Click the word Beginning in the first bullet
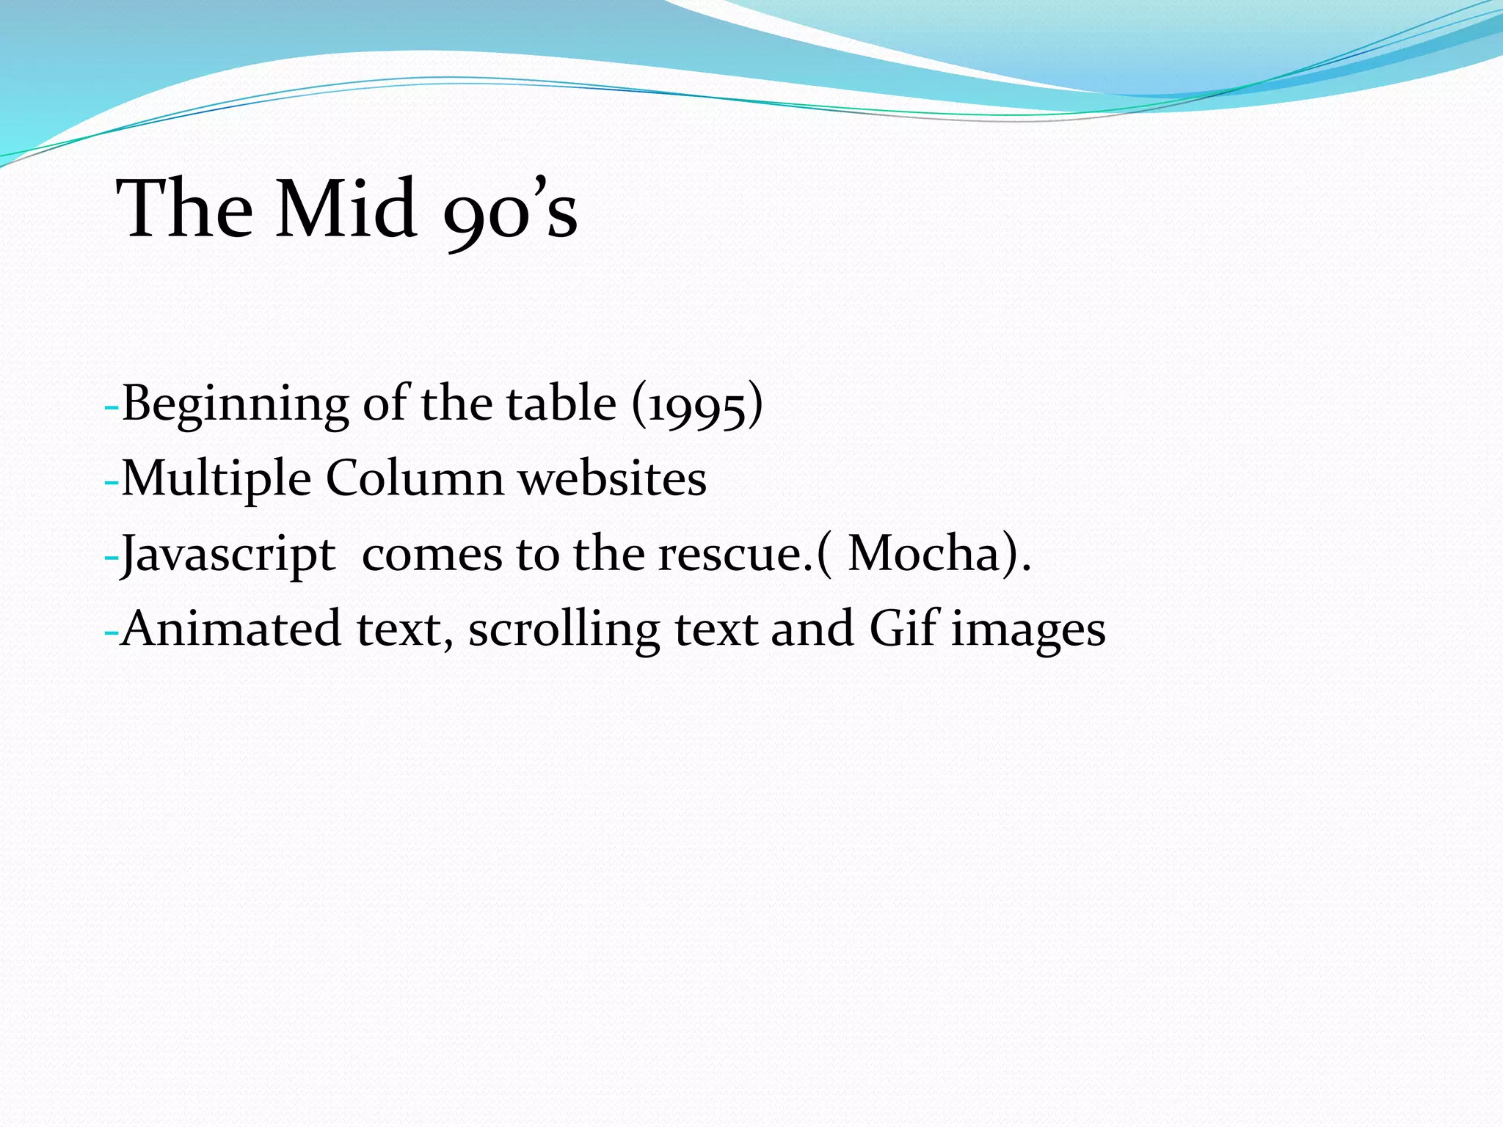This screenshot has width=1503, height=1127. [235, 405]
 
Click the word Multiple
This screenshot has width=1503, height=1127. [216, 480]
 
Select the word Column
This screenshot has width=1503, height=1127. [415, 478]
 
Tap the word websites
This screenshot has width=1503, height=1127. [612, 478]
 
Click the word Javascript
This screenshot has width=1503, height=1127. [228, 555]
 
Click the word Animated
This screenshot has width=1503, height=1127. [231, 629]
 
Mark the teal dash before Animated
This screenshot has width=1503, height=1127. [112, 632]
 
